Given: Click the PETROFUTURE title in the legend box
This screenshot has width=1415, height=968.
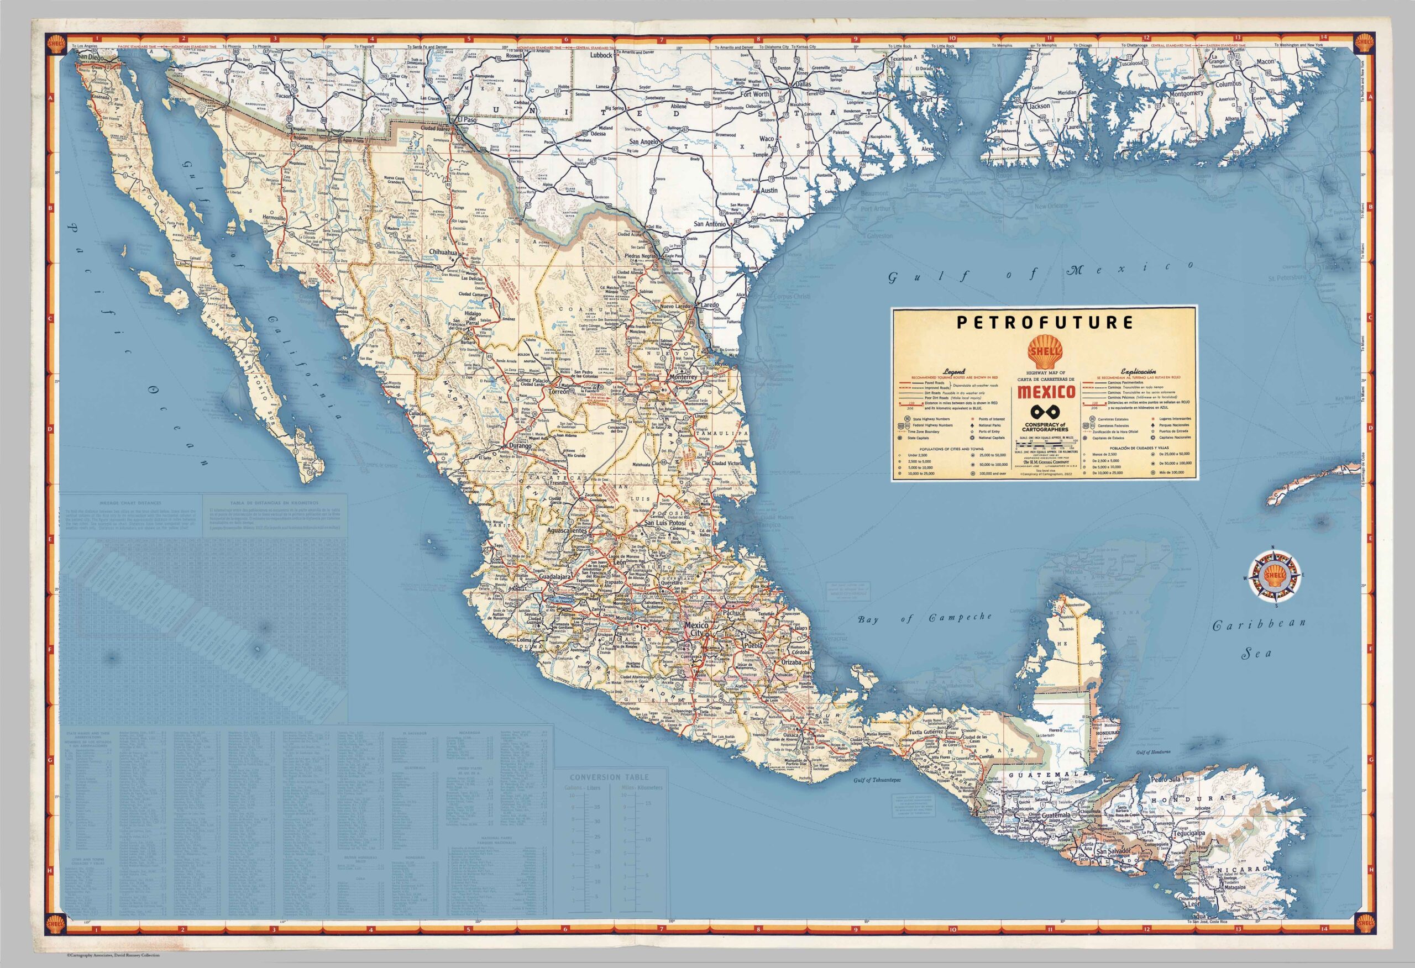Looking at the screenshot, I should [x=1044, y=323].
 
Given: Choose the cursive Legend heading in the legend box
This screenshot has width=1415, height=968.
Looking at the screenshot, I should [x=954, y=371].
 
